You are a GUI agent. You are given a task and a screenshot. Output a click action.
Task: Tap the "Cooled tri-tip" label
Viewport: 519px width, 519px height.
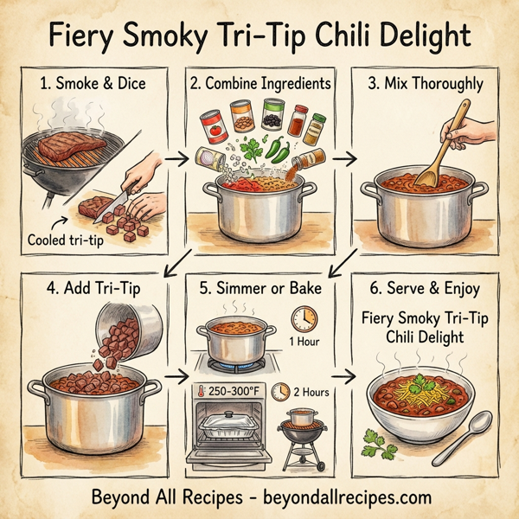[x=66, y=240]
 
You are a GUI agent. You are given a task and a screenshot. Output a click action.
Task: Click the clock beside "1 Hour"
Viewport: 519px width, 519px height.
[x=304, y=319]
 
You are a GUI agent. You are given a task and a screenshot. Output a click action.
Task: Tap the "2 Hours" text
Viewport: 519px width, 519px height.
[x=311, y=392]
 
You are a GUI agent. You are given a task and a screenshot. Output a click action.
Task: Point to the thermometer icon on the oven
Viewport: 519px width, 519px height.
[x=202, y=392]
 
